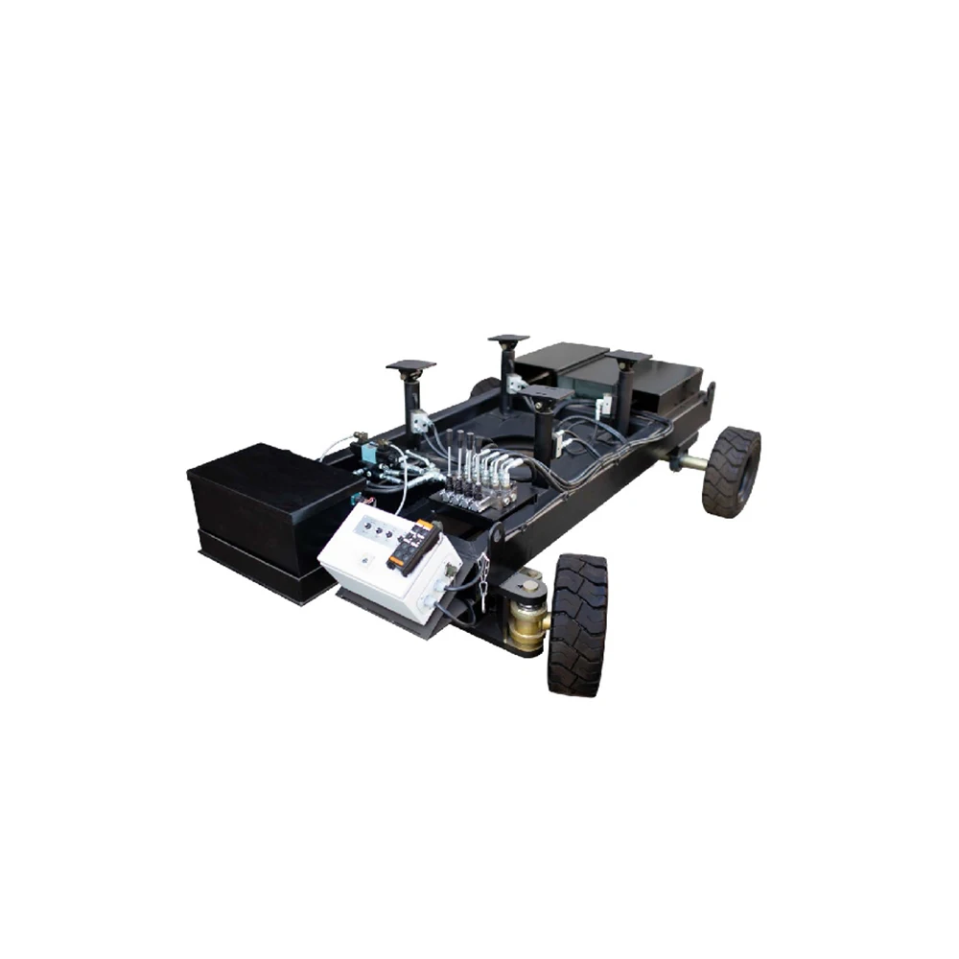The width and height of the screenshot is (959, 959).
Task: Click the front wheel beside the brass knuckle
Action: point(577,623)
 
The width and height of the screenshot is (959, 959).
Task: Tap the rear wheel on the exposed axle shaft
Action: point(732,472)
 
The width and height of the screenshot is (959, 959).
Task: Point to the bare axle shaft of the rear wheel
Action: point(690,461)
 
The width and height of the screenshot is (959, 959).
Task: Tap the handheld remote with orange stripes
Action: point(413,548)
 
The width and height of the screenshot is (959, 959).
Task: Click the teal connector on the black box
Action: point(356,499)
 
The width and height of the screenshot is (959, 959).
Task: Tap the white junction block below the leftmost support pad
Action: point(419,419)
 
